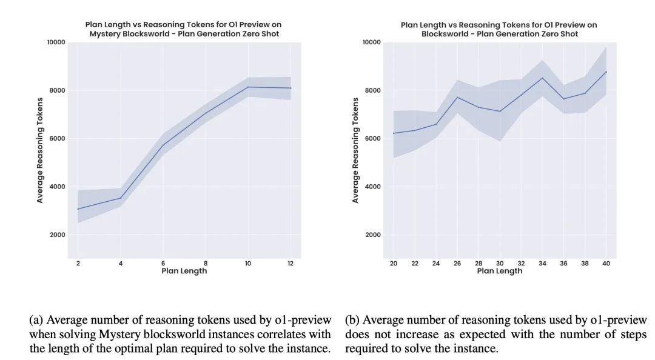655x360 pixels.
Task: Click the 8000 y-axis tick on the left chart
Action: (x=56, y=90)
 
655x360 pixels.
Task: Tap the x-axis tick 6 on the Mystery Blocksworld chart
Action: (x=162, y=263)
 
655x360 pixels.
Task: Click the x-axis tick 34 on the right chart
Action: (x=542, y=263)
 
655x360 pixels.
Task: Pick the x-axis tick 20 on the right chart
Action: (x=394, y=263)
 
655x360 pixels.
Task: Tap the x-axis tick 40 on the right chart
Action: (x=606, y=263)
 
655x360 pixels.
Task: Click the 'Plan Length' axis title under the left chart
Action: (x=184, y=271)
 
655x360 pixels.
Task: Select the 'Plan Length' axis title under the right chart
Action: (x=499, y=271)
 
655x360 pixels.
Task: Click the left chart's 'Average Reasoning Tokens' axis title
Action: (x=40, y=150)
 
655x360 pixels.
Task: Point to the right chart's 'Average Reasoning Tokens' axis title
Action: (x=355, y=150)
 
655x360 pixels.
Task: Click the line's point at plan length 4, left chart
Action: (x=120, y=198)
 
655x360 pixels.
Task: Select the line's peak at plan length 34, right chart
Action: (x=542, y=78)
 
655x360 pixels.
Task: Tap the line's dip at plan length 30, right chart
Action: (x=500, y=111)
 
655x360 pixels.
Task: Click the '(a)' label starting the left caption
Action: (x=36, y=320)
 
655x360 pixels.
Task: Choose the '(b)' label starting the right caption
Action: (x=352, y=320)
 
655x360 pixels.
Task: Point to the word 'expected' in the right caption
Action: (x=471, y=334)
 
